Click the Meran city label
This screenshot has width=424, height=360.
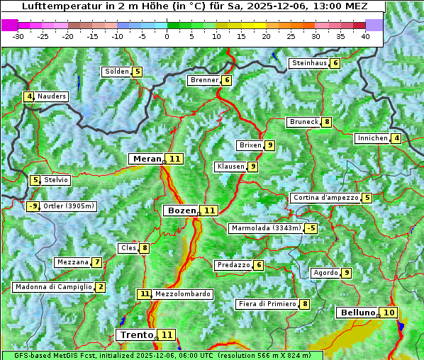click(x=146, y=159)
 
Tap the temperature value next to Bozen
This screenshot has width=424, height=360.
click(x=209, y=210)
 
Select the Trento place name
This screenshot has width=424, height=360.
click(x=136, y=334)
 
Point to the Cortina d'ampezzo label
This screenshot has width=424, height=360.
click(x=324, y=198)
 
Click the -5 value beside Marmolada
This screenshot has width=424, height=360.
click(x=311, y=228)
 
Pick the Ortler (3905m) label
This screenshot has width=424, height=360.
click(x=69, y=206)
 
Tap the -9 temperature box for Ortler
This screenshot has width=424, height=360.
click(x=33, y=206)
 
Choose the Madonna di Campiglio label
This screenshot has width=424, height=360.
click(x=54, y=287)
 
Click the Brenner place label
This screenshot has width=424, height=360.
click(x=204, y=80)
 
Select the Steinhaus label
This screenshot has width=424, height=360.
click(x=309, y=63)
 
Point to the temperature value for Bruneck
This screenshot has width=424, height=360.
click(x=326, y=122)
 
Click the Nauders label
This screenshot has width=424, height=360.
click(x=52, y=96)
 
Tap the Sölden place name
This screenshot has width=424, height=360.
click(x=117, y=72)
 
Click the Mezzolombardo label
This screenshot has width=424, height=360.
click(x=182, y=293)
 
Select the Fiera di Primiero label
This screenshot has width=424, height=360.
click(x=267, y=304)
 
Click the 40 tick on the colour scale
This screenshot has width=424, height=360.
click(x=364, y=36)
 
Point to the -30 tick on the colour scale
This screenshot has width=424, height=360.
click(x=18, y=36)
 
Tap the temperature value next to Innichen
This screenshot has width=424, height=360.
click(x=396, y=138)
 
